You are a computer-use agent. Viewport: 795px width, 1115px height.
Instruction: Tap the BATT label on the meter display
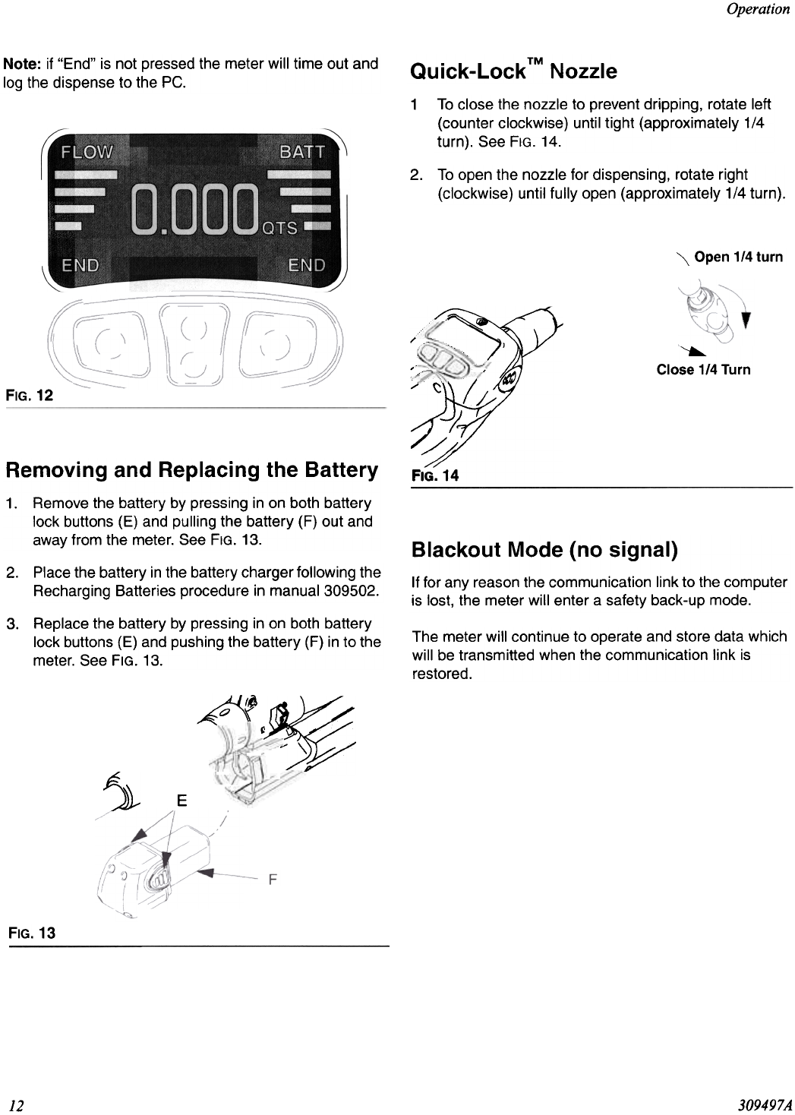pos(302,151)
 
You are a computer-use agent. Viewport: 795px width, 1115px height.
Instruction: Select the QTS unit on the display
pos(279,228)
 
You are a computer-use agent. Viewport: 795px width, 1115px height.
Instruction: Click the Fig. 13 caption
pos(31,932)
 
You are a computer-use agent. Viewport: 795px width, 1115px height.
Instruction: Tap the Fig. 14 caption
pos(435,475)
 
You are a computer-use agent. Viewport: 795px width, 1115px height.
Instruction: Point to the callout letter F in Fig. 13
pos(272,880)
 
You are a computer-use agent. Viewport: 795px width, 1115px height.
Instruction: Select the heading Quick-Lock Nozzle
pos(513,72)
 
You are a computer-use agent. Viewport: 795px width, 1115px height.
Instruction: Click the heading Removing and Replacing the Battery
pos(191,469)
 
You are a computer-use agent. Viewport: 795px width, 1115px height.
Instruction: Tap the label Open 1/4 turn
pos(738,257)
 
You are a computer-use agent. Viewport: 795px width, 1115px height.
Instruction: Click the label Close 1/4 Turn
pos(703,370)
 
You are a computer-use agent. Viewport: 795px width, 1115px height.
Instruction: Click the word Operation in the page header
pos(758,9)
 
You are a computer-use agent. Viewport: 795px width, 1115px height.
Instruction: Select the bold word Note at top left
pos(21,64)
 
